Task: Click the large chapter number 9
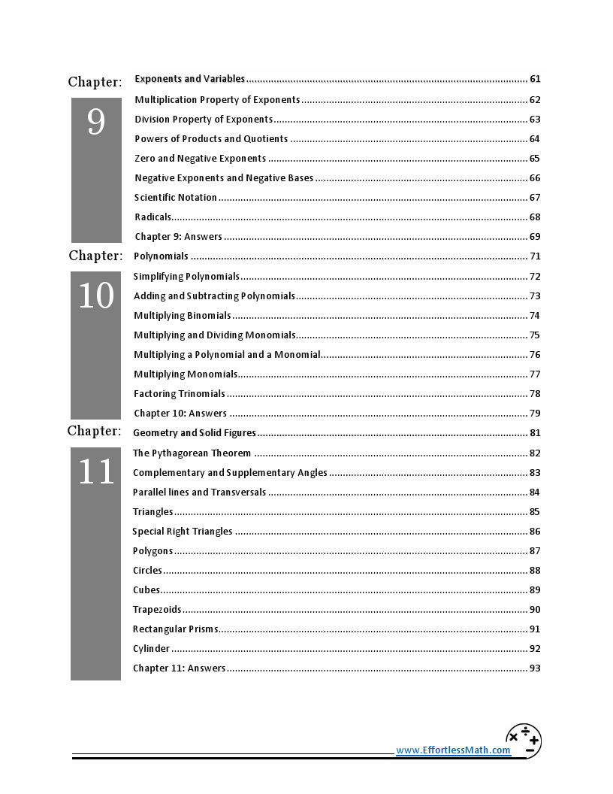[x=96, y=122]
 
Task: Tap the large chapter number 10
[x=96, y=296]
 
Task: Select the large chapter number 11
[x=96, y=472]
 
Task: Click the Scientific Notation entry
[x=176, y=198]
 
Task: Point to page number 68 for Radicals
[x=535, y=217]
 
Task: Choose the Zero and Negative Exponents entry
[x=200, y=159]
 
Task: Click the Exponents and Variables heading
[x=190, y=79]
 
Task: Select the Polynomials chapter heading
[x=161, y=256]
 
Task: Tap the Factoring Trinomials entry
[x=180, y=394]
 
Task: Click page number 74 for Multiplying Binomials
[x=535, y=316]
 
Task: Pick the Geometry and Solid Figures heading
[x=195, y=433]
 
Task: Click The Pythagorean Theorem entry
[x=192, y=453]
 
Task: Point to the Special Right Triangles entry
[x=183, y=532]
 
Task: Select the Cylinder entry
[x=152, y=649]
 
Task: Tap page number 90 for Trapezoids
[x=535, y=610]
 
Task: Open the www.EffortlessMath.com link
[x=453, y=750]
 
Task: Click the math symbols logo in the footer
[x=524, y=741]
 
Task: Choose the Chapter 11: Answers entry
[x=179, y=668]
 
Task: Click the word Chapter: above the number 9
[x=95, y=82]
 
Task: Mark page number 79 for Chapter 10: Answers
[x=535, y=414]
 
